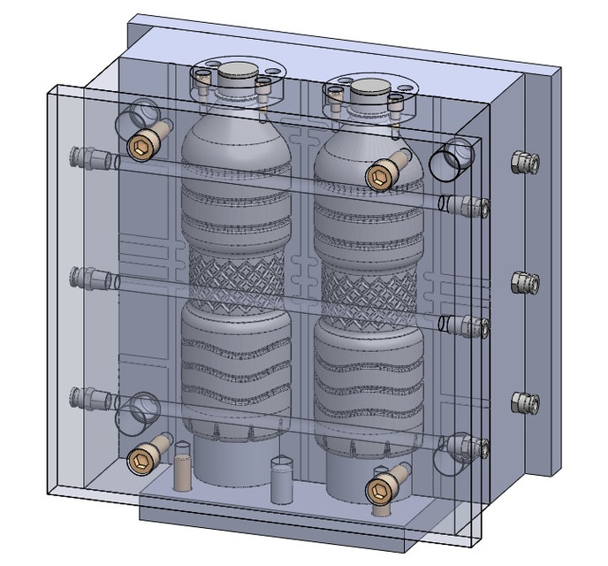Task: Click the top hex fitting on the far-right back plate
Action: (525, 162)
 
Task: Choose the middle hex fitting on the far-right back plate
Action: (525, 282)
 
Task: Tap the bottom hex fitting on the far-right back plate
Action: (525, 402)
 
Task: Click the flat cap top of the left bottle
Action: (235, 72)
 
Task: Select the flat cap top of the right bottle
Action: (369, 88)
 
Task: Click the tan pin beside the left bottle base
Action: (182, 469)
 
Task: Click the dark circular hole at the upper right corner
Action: (451, 161)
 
